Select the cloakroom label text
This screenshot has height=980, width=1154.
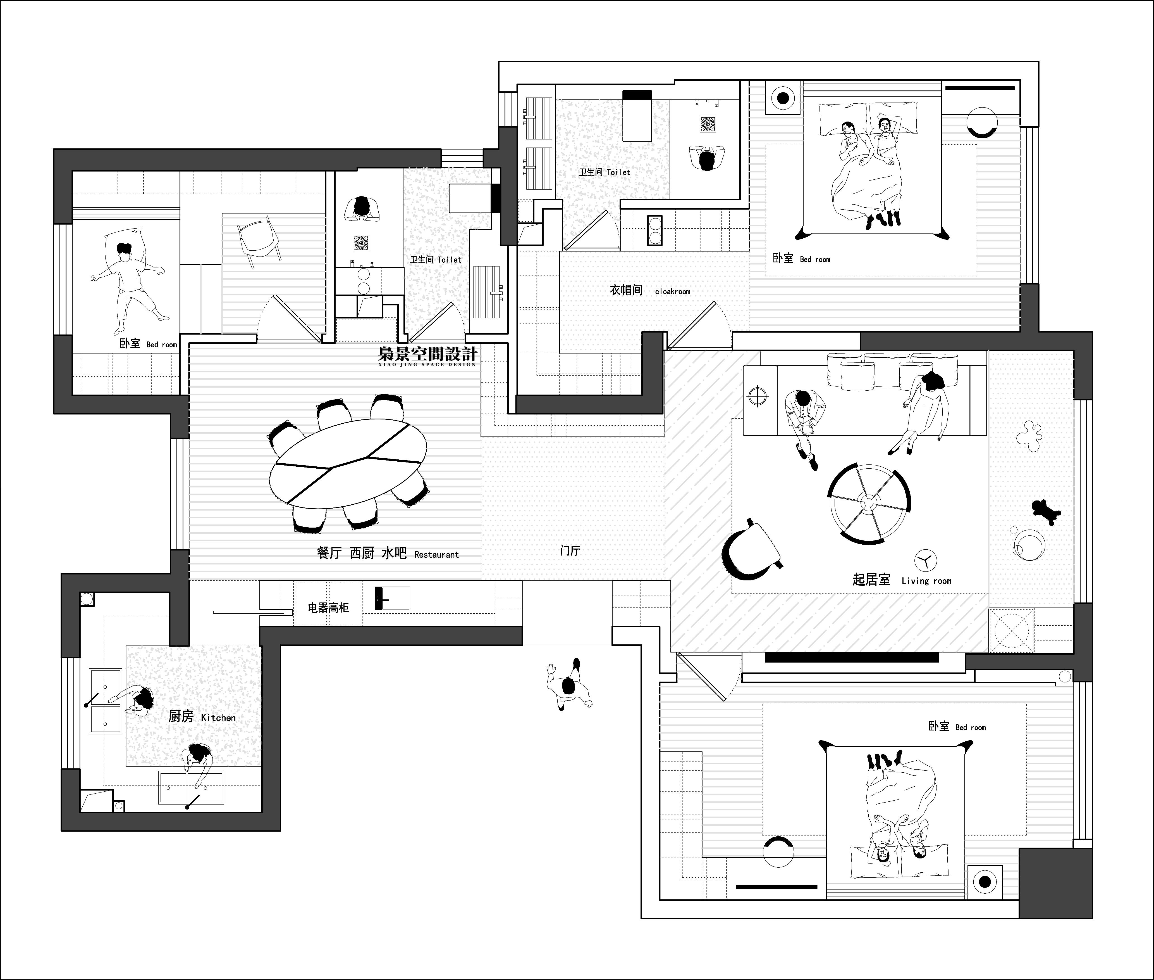[673, 291]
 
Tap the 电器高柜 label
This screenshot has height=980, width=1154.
[329, 608]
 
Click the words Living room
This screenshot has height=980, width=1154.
[926, 581]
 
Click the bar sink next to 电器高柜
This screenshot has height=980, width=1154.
[392, 598]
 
